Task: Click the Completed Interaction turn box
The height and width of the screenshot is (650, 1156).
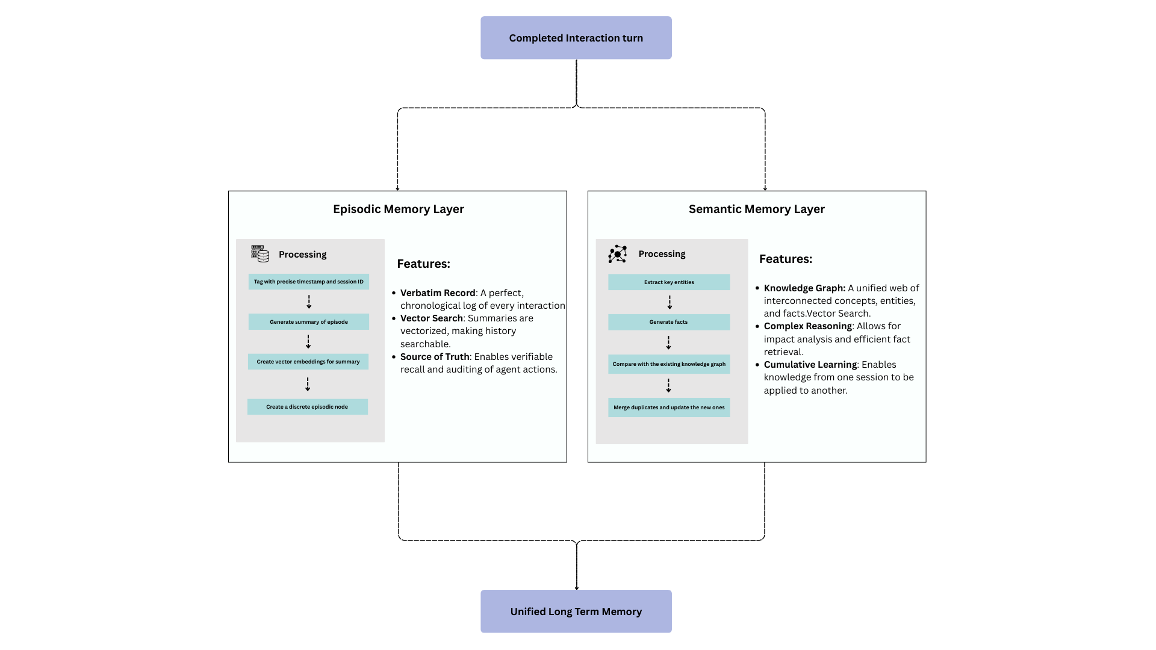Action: tap(576, 38)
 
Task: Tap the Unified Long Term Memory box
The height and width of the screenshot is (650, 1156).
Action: tap(576, 611)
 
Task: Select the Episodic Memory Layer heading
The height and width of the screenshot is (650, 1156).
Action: tap(398, 209)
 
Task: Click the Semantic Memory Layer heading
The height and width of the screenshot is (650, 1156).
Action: tap(756, 209)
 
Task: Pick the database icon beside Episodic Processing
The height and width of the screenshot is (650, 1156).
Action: tap(260, 253)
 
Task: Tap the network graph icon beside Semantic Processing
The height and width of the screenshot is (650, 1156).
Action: tap(617, 254)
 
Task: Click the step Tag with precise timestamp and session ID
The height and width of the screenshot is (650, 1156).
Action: tap(308, 282)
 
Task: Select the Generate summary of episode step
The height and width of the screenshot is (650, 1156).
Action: tap(308, 321)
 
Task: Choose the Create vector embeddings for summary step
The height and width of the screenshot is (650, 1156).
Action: tap(308, 362)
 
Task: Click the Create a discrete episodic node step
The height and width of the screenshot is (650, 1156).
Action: tap(307, 407)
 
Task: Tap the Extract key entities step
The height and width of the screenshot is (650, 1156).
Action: tap(668, 282)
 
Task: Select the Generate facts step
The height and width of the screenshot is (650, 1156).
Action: tap(668, 322)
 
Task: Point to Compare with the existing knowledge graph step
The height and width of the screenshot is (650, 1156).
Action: tap(668, 364)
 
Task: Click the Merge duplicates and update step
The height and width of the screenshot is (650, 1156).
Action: tap(668, 407)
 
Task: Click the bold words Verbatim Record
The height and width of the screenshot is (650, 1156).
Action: tap(438, 292)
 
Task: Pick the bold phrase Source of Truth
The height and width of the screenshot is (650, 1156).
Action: tap(435, 356)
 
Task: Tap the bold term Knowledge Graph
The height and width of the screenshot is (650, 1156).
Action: tap(804, 288)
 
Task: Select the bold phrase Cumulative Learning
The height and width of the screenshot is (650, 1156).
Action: tap(810, 364)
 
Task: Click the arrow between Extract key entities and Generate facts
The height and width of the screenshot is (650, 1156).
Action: tap(669, 302)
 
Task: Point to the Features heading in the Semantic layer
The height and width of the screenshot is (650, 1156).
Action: tap(785, 259)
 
